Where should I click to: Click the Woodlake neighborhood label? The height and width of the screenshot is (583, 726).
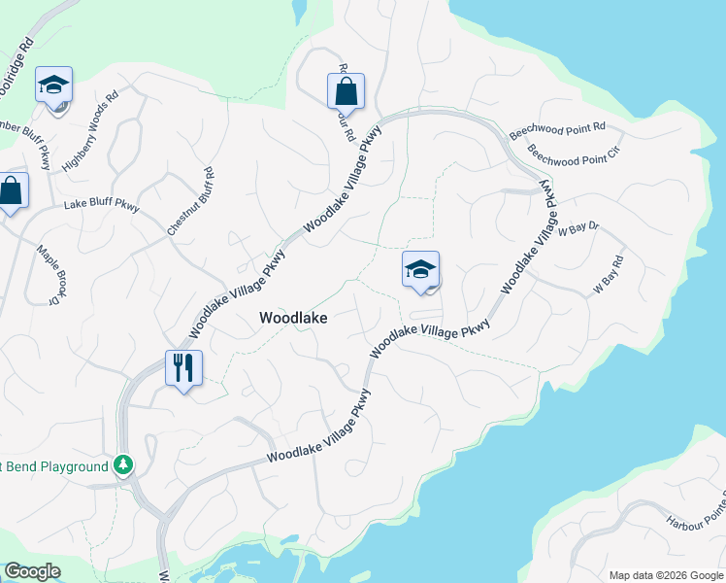293,318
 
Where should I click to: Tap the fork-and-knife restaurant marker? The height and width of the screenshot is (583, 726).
183,368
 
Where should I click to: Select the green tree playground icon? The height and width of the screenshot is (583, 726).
122,465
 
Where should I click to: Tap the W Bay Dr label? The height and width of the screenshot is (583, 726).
579,228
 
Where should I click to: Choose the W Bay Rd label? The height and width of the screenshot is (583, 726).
607,276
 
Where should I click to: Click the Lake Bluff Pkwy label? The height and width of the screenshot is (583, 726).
102,205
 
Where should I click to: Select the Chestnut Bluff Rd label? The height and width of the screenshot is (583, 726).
190,202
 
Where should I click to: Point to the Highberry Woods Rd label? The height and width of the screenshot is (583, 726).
89,131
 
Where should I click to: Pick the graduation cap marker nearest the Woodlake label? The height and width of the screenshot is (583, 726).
420,270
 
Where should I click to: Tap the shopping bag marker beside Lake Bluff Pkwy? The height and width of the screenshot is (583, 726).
12,192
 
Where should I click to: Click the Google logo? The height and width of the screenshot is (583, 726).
32,571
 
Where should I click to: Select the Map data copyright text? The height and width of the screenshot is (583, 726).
665,575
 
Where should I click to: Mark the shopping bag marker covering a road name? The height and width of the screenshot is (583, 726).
346,92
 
